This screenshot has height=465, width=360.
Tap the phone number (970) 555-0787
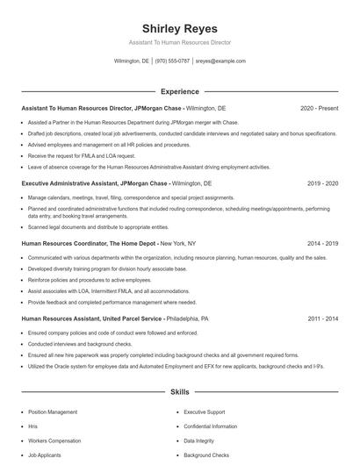(173, 61)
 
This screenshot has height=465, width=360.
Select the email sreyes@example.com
(220, 61)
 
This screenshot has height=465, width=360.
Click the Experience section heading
(179, 91)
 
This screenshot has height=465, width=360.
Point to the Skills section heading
(179, 391)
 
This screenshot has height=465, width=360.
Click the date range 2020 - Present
(319, 108)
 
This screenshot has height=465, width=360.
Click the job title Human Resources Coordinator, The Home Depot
(89, 243)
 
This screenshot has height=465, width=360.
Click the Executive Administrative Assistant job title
(94, 184)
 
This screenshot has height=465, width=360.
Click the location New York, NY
(178, 243)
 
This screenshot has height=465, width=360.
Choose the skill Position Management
(53, 411)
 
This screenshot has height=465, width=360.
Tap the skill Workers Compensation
(54, 440)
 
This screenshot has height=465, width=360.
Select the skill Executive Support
(205, 411)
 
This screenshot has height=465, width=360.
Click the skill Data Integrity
(200, 440)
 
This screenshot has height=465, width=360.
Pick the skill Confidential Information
(212, 426)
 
